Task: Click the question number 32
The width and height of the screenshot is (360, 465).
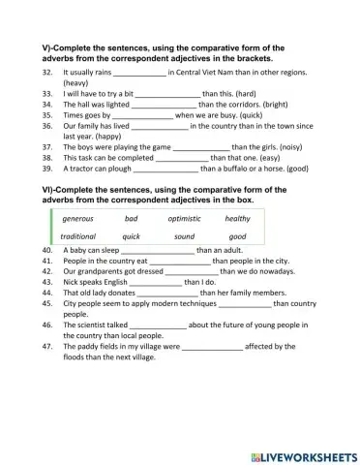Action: (x=46, y=72)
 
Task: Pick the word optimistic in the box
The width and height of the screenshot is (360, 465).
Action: (x=183, y=218)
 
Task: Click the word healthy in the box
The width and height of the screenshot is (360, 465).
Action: (x=237, y=218)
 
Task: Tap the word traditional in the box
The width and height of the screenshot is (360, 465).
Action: (x=77, y=236)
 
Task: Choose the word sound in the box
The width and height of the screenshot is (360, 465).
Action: (x=183, y=236)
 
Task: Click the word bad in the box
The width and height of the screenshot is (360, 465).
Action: (x=131, y=218)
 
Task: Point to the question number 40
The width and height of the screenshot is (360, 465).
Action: (x=46, y=250)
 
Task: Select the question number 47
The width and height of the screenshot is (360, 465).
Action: (x=46, y=346)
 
